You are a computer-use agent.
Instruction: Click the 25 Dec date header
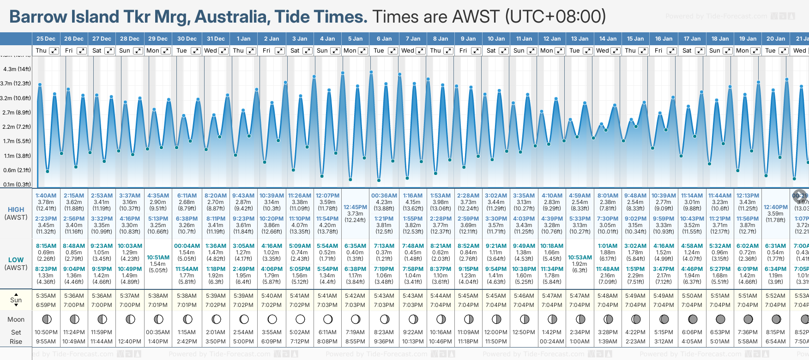coord(46,39)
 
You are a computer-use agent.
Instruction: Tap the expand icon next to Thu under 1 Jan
coord(251,51)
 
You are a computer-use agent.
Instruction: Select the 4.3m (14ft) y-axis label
coord(17,69)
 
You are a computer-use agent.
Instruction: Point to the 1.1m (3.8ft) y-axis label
coord(18,156)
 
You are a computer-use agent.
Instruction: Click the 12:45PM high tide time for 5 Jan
coord(355,207)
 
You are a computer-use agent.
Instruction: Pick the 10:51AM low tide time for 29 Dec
coord(158,258)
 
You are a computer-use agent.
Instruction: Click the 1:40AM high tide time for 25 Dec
coord(46,196)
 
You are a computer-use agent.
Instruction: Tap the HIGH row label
coord(16,210)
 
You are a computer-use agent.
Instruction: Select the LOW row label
coord(16,260)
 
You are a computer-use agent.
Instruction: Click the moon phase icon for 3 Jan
coord(300,319)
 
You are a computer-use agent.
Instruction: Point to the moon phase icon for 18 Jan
coord(720,319)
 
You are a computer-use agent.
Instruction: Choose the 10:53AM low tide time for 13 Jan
coord(580,258)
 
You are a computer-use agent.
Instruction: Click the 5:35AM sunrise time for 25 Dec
coord(46,296)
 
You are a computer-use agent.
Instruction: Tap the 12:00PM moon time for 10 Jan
coord(496,332)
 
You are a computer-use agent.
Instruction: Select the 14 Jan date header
coord(608,39)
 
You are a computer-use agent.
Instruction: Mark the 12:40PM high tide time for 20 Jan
coord(775,207)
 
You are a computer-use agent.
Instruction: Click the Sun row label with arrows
coord(16,300)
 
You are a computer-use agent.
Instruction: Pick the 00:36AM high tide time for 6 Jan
coord(384,196)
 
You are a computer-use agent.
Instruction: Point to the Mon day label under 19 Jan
coord(743,51)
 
